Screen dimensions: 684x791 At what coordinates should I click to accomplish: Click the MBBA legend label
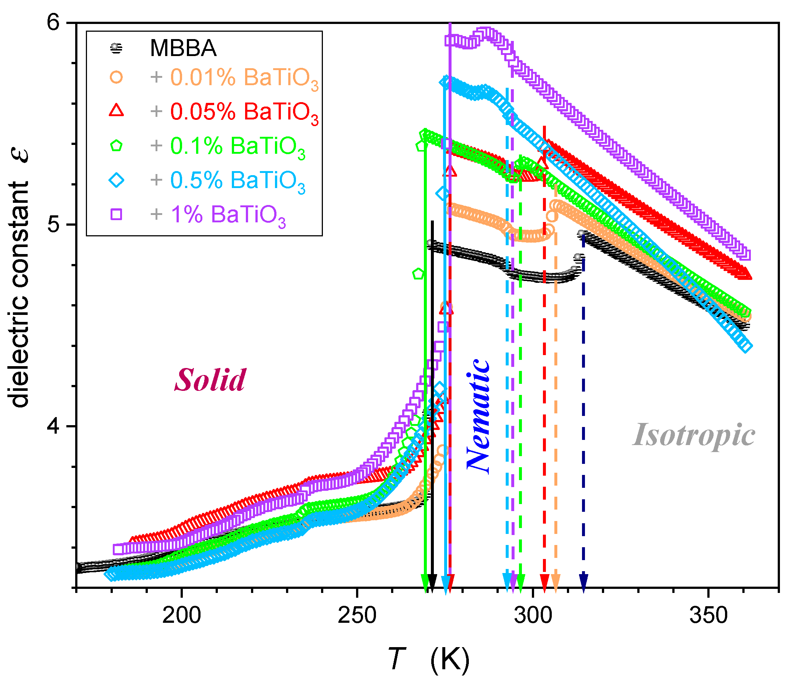click(183, 48)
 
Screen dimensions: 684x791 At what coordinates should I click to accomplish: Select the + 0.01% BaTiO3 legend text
click(234, 78)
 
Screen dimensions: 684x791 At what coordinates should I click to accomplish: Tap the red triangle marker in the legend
click(116, 111)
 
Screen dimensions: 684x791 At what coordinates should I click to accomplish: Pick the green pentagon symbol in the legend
click(116, 146)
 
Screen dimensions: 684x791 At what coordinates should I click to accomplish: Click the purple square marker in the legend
click(116, 214)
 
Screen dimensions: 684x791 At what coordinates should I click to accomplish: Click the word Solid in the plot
click(210, 380)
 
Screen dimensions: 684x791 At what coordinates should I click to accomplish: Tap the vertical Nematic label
click(478, 416)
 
